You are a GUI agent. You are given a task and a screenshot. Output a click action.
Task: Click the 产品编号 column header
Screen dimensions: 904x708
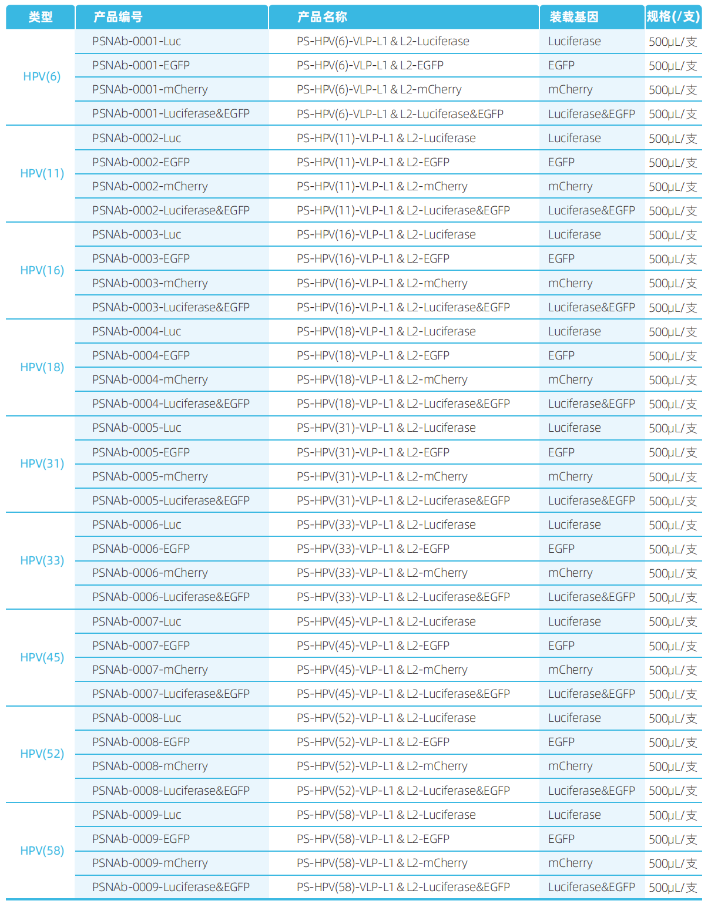tap(118, 17)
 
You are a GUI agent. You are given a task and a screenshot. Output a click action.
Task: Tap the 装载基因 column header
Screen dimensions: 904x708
tap(573, 17)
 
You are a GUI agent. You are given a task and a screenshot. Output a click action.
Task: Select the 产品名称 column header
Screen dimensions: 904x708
tap(322, 17)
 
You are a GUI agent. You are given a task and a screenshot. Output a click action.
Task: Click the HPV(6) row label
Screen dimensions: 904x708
tap(42, 77)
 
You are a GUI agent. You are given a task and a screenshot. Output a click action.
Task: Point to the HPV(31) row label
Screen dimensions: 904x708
tap(42, 463)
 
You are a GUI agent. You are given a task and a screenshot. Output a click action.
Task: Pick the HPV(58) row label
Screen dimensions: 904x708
tap(42, 851)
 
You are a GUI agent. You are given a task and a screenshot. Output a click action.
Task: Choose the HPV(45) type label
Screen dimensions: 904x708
tap(42, 657)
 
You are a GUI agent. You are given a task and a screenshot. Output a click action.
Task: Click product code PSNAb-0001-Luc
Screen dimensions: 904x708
tap(136, 41)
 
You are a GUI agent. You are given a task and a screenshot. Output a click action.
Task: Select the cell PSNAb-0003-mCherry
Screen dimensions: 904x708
tap(150, 283)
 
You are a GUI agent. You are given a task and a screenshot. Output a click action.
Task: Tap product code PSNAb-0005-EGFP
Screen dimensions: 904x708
tap(141, 452)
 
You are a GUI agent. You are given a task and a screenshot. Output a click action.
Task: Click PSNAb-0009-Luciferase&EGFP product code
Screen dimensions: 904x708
tap(171, 887)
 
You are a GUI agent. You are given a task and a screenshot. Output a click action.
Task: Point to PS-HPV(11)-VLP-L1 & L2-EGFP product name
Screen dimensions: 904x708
tap(373, 162)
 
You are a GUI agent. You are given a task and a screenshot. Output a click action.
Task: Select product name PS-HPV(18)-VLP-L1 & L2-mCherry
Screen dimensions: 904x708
tap(382, 379)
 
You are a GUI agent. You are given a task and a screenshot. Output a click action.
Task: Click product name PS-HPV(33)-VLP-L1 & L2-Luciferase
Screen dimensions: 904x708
tap(386, 525)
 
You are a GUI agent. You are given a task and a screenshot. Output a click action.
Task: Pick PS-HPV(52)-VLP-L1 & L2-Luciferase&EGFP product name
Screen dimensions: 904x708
tap(403, 791)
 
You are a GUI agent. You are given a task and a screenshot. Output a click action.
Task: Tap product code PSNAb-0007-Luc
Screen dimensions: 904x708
tap(136, 621)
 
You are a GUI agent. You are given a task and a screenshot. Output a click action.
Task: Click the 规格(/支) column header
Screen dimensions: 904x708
tap(673, 17)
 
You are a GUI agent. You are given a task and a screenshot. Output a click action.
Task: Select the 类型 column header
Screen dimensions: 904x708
tap(41, 17)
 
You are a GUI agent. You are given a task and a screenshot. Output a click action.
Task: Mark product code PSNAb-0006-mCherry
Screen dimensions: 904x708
tap(150, 573)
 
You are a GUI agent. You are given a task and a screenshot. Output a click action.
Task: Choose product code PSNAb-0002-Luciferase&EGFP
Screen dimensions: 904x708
tap(171, 210)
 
